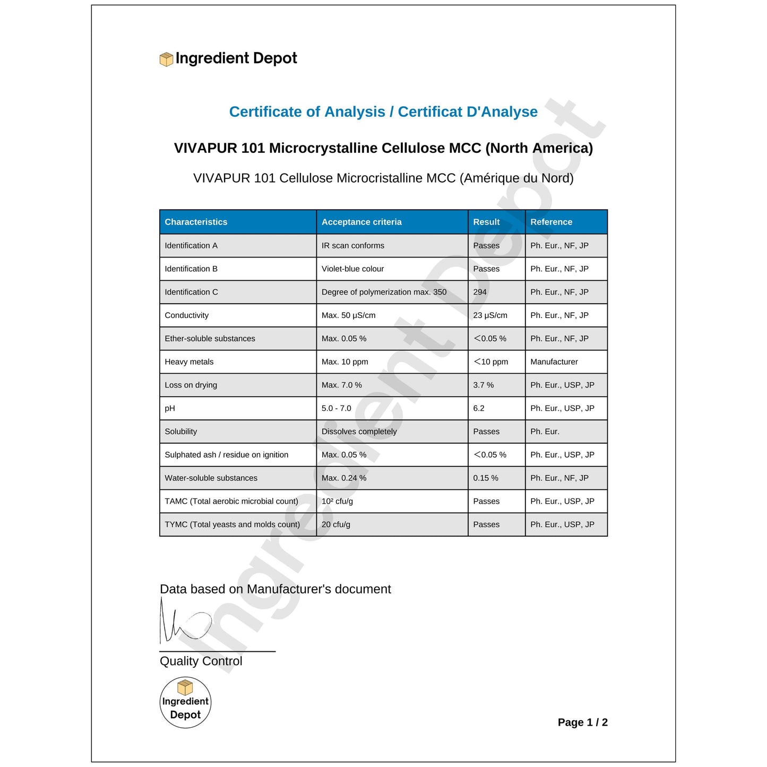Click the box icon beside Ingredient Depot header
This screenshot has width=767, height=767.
(x=166, y=59)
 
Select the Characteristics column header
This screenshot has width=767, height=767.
(x=196, y=222)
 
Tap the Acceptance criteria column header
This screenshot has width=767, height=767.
(x=361, y=222)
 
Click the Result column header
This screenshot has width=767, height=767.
(x=486, y=222)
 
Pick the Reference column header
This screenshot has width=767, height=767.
(x=551, y=222)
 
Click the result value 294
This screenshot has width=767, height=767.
(x=480, y=292)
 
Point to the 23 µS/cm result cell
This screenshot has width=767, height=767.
(x=490, y=315)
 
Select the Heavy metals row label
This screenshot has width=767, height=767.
(x=189, y=362)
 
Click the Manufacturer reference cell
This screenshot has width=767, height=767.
(x=554, y=362)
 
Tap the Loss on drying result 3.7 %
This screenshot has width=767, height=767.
(x=483, y=385)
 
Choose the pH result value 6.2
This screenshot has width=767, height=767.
(x=479, y=408)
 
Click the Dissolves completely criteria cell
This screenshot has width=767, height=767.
(x=359, y=432)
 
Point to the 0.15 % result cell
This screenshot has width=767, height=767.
(x=486, y=478)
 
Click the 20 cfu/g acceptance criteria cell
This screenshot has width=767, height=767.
(x=336, y=524)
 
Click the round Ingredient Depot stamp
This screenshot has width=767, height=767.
(x=185, y=702)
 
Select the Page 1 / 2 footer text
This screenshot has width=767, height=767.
(x=582, y=722)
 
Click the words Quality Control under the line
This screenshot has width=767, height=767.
(x=201, y=661)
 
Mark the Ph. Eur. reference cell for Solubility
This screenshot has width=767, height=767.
(x=545, y=432)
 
